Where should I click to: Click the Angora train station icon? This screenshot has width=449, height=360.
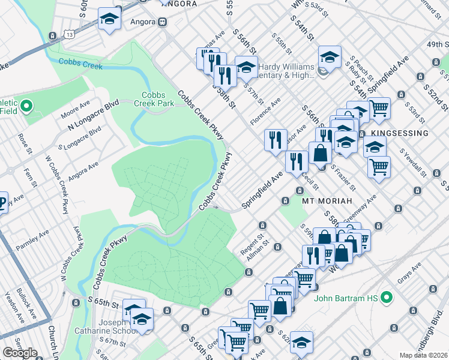[162, 22]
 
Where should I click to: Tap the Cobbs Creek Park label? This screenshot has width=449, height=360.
[157, 99]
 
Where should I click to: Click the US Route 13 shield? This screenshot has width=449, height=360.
[71, 35]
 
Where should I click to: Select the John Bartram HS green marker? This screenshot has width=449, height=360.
[387, 296]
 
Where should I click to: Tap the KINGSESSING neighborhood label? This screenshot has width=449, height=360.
[399, 133]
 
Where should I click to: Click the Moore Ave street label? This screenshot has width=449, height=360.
[75, 110]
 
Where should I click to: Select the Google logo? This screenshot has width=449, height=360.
[20, 352]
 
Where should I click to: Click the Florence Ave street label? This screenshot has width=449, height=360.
[265, 111]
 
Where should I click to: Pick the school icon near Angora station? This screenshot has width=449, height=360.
[109, 20]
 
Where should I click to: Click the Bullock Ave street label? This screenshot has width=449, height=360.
[28, 305]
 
